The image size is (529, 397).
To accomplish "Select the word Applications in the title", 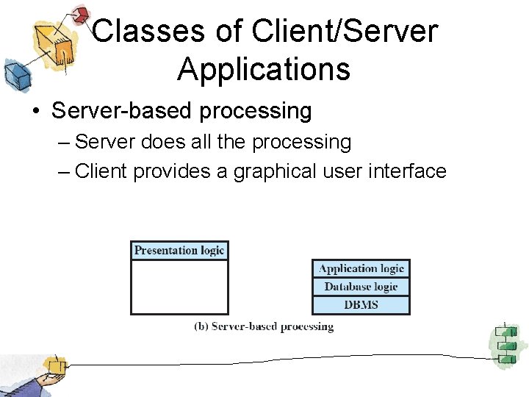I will coord(263,69).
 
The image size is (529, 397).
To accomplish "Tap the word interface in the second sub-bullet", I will coord(407,171).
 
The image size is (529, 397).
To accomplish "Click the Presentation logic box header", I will coord(179,251).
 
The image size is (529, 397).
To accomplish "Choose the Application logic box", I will coord(361,269).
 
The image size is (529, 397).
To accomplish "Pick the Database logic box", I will coord(361,287).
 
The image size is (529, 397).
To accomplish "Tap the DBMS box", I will coord(361,305).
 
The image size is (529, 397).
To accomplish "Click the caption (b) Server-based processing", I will coord(264,326).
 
